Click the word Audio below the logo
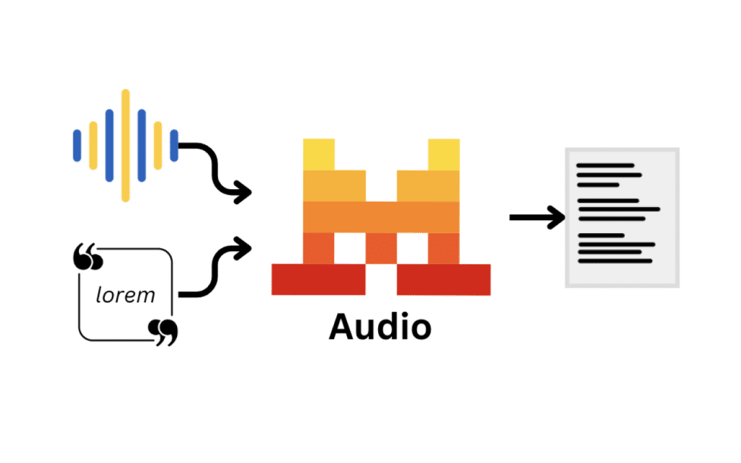click(x=380, y=327)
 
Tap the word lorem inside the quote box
click(x=125, y=295)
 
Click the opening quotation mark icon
click(x=88, y=257)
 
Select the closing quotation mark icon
click(x=163, y=332)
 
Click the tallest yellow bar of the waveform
click(x=126, y=145)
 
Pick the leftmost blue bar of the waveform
click(x=77, y=145)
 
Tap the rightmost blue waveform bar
click(x=174, y=145)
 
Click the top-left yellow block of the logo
click(x=319, y=154)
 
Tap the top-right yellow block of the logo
click(x=444, y=154)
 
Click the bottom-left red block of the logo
click(x=318, y=279)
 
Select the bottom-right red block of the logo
click(x=444, y=279)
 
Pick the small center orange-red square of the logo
click(x=381, y=248)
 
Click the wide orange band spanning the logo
click(x=381, y=217)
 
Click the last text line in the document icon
click(x=614, y=261)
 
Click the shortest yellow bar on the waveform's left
click(x=93, y=145)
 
